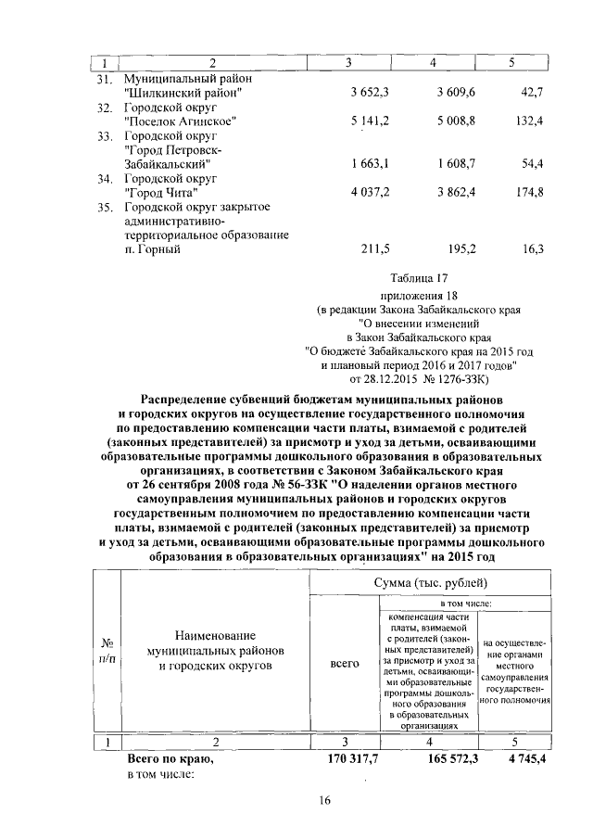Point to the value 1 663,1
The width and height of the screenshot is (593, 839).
point(372,163)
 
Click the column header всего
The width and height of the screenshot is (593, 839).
point(345,665)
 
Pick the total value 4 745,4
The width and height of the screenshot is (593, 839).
point(520,759)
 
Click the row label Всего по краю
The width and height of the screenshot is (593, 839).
point(170,759)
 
